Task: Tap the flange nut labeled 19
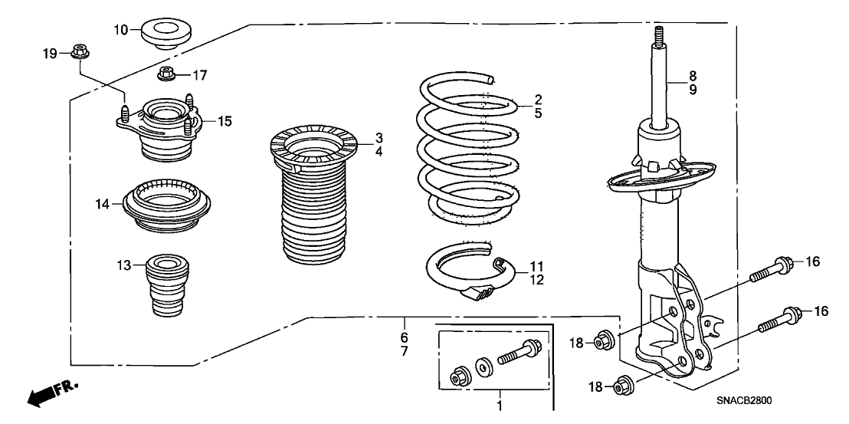78,53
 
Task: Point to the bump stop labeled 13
162,291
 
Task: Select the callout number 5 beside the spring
539,113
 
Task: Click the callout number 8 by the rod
692,76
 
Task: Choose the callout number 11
536,266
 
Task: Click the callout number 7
404,350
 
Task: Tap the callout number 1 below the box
500,406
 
